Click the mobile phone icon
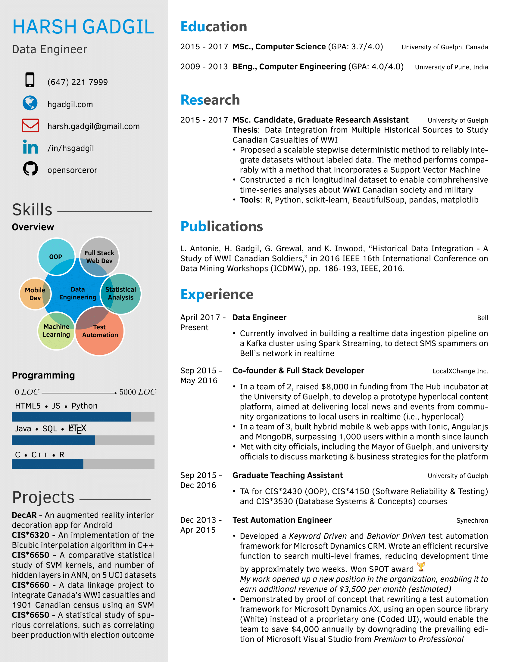point(30,80)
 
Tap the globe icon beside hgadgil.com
point(30,103)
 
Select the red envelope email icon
point(30,125)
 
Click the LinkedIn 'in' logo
point(30,147)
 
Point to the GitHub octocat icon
point(30,169)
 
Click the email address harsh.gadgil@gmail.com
point(93,126)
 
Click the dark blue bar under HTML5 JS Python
point(71,416)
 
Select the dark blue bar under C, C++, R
point(48,464)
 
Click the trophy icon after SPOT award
point(421,566)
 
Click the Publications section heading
point(221,226)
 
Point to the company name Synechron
point(472,521)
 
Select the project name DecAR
point(24,515)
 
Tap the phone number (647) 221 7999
point(78,82)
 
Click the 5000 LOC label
point(138,392)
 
